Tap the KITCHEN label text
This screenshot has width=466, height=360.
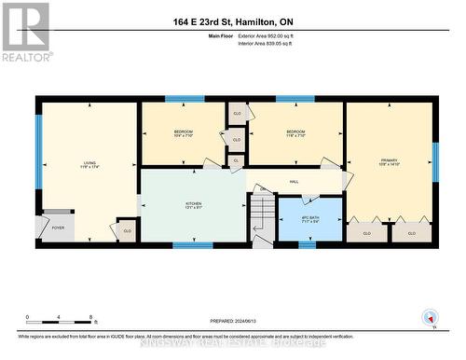[x=193, y=206]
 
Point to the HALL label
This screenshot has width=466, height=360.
[x=294, y=182]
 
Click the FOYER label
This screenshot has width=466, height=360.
[x=58, y=227]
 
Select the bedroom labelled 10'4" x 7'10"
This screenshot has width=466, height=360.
[x=183, y=134]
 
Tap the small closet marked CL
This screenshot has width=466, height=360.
[x=236, y=160]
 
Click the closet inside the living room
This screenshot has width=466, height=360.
[x=126, y=230]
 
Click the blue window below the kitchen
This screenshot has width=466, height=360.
[x=193, y=245]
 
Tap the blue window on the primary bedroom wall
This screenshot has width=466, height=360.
[x=435, y=160]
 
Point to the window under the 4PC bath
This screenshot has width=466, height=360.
[x=307, y=245]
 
